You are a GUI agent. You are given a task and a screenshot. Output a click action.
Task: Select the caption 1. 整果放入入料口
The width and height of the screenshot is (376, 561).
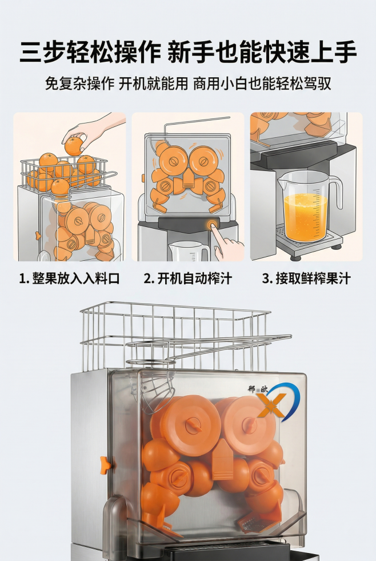pyautogui.click(x=70, y=279)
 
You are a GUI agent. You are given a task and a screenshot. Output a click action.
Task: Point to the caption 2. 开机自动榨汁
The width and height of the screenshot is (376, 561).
pyautogui.click(x=188, y=279)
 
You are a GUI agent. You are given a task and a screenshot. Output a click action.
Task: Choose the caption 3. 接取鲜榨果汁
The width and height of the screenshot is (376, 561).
pyautogui.click(x=306, y=279)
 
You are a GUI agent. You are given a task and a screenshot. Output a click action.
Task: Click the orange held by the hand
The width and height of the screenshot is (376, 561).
pyautogui.click(x=73, y=145)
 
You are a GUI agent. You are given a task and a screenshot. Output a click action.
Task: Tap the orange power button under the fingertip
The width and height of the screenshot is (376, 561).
pyautogui.click(x=213, y=225)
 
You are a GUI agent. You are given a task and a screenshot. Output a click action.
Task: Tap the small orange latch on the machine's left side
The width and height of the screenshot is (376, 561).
pyautogui.click(x=103, y=464)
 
